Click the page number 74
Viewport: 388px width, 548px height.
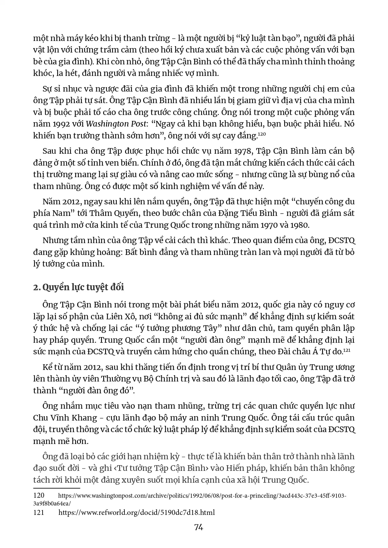[199, 527]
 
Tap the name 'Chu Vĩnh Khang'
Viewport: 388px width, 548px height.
[65, 418]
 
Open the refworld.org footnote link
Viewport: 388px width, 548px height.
[137, 512]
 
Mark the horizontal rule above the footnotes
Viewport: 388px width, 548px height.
[57, 488]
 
